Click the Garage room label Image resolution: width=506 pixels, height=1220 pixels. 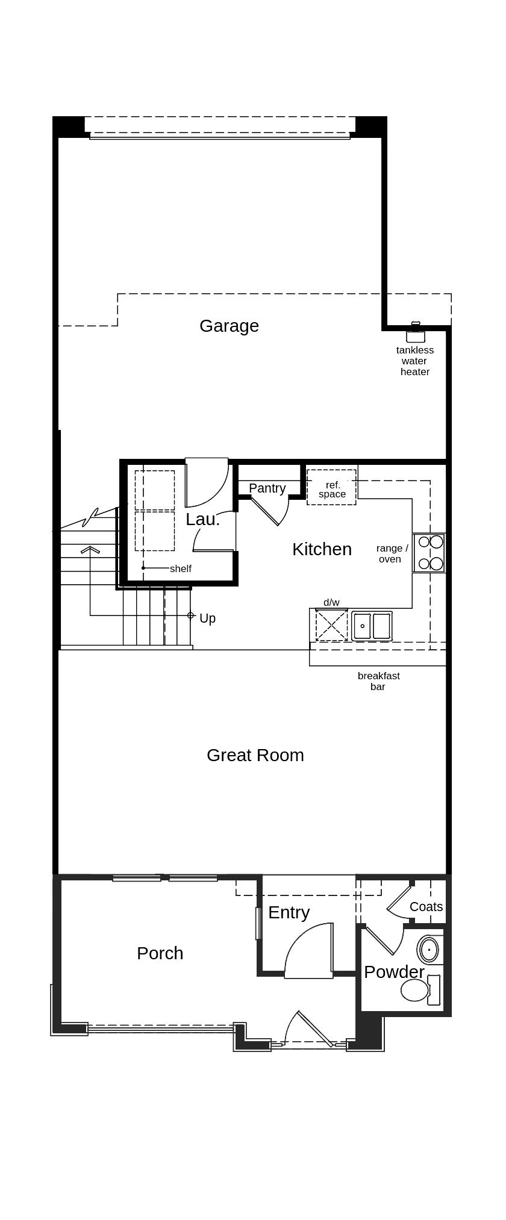tap(229, 326)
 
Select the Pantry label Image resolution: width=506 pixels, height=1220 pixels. tap(267, 488)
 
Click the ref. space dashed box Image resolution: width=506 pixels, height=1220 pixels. tap(331, 487)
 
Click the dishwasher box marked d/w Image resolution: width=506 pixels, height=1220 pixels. tap(331, 625)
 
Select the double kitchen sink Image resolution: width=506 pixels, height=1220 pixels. tap(372, 626)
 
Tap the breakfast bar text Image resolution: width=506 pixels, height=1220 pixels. tap(378, 681)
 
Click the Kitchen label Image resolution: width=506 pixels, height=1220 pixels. tap(322, 549)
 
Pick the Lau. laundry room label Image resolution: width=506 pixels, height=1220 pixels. tap(202, 519)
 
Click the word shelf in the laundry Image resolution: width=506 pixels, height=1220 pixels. tap(180, 568)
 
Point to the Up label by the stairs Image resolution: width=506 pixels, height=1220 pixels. tap(207, 618)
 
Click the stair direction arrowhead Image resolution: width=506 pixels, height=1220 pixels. tap(90, 549)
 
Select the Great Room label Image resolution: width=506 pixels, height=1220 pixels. tap(255, 755)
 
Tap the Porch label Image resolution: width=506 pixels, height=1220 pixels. tap(160, 953)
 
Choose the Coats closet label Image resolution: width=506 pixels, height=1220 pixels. tap(426, 907)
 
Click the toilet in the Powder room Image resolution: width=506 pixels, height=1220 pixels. tap(416, 990)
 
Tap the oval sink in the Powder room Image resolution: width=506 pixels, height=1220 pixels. tap(428, 950)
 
